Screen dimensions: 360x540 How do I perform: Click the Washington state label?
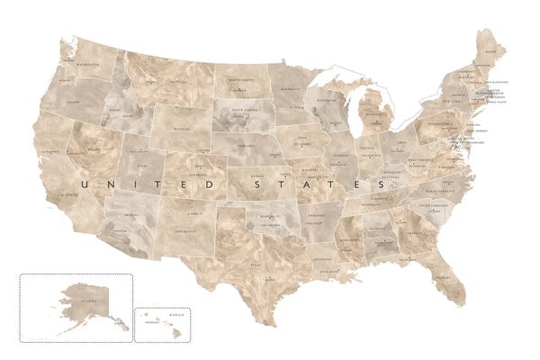point(88,66)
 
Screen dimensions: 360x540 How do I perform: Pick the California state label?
point(65,193)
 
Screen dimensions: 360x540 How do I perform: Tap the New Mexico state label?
point(186,230)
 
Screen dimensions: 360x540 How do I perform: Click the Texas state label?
point(256,265)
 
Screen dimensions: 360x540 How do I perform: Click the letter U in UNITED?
point(83,184)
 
